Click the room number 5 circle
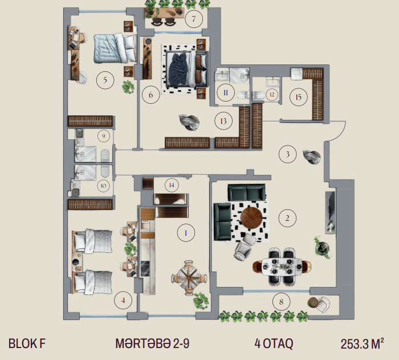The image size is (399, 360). point(105,80)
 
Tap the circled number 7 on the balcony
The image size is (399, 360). point(194,19)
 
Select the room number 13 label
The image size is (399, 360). point(223,121)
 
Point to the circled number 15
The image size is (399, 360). point(299,97)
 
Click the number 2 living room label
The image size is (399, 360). point(287,218)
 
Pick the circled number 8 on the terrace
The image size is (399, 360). point(281,302)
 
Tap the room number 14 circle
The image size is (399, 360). point(172,185)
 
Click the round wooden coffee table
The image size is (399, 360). point(251,218)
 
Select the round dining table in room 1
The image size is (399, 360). point(189,278)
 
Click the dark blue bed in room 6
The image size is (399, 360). point(186,69)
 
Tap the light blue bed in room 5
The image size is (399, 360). point(115,48)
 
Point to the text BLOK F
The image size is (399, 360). point(27,343)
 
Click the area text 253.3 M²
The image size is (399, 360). point(363,343)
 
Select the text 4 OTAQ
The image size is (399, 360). point(274,343)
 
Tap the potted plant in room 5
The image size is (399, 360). point(128,87)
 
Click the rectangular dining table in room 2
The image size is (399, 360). point(282,267)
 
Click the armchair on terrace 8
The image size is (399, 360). point(323,304)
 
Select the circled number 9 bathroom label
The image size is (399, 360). point(104,136)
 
